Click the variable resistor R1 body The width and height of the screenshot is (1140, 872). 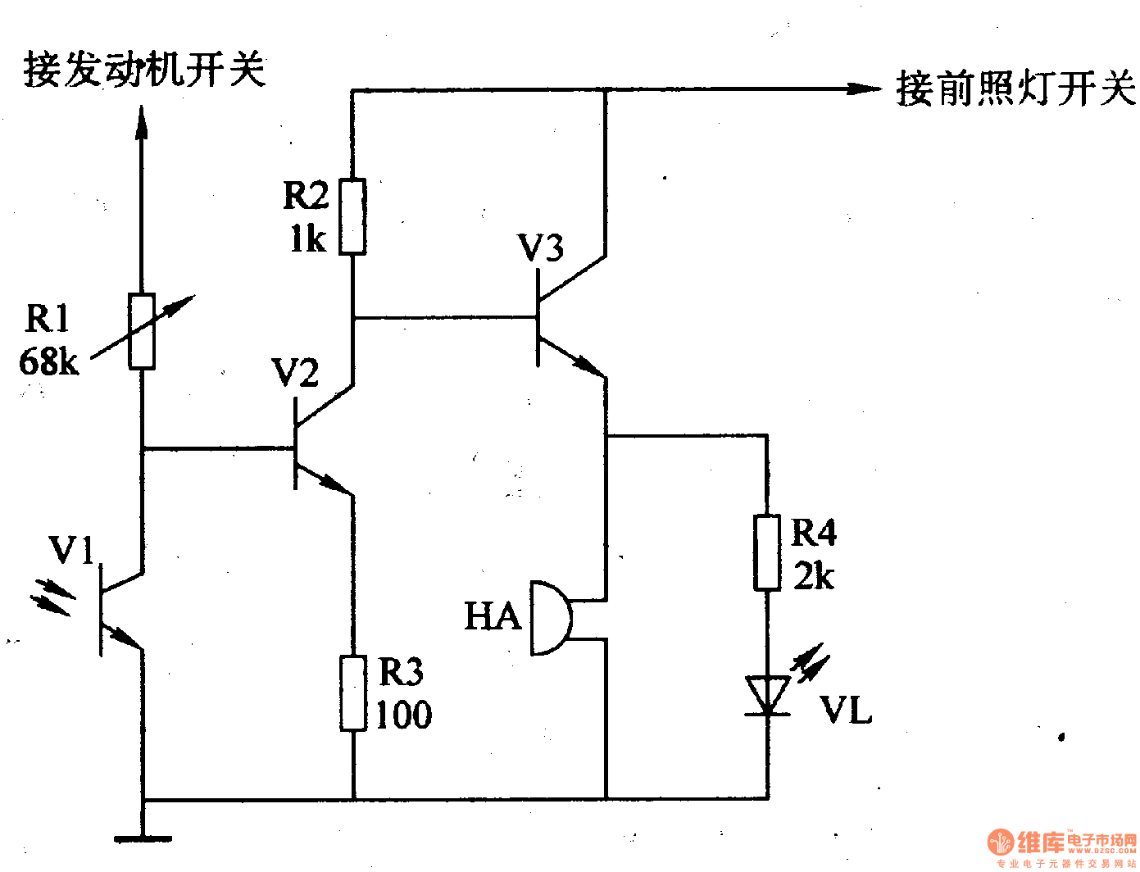(142, 331)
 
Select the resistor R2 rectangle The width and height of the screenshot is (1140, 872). (352, 217)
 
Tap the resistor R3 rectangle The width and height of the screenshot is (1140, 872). (353, 693)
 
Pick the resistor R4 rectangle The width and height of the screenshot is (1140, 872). (767, 552)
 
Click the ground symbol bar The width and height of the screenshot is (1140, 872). (143, 838)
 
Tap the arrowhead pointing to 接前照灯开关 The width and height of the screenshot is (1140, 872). (865, 89)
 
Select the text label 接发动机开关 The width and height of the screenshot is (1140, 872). (145, 69)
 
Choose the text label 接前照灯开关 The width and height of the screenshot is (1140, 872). (1016, 89)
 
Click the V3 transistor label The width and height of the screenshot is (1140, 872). (541, 248)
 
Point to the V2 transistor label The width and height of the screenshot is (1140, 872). (295, 374)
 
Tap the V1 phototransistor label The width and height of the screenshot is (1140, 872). (72, 550)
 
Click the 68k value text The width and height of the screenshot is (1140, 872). (49, 361)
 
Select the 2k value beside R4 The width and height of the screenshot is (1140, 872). (813, 576)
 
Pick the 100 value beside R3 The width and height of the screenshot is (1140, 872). (404, 715)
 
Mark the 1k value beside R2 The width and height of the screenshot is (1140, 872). (308, 239)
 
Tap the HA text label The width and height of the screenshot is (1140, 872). (493, 616)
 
